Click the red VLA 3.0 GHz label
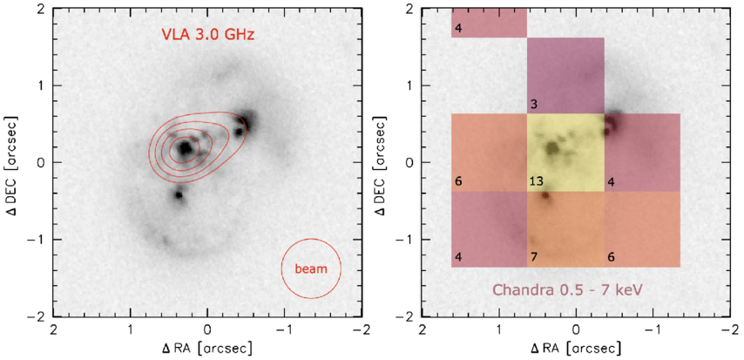pyautogui.click(x=207, y=35)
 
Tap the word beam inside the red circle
pyautogui.click(x=311, y=268)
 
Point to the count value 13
pyautogui.click(x=537, y=181)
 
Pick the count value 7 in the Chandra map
pyautogui.click(x=532, y=257)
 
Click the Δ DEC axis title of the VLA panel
pyautogui.click(x=13, y=162)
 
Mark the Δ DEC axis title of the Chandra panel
pyautogui.click(x=382, y=162)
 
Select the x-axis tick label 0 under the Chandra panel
pyautogui.click(x=577, y=332)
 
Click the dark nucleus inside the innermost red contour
pyautogui.click(x=185, y=149)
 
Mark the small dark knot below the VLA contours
pyautogui.click(x=179, y=195)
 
